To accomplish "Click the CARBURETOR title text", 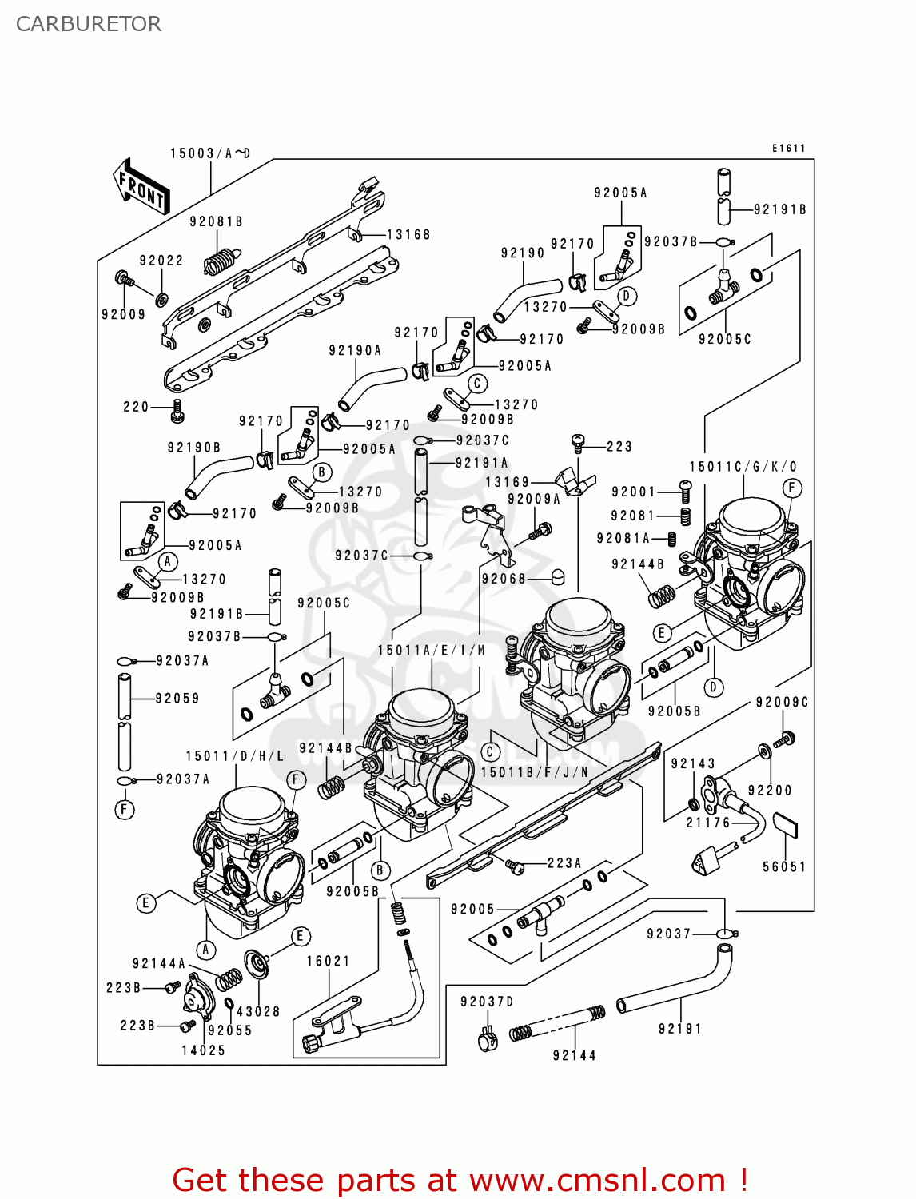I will coord(89,24).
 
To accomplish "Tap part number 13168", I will coord(408,234).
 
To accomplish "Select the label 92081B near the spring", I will coord(216,221).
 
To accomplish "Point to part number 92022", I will coord(161,261).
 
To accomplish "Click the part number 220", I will coord(136,407).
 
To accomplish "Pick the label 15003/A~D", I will coord(210,153).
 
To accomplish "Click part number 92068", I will coord(504,578).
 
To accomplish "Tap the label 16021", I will coord(329,961).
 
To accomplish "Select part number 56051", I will coord(784,866).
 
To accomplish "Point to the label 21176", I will coord(708,822).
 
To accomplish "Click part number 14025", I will coord(203,1050).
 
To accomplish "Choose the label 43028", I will coord(258,1011).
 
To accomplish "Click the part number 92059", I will coord(177,699).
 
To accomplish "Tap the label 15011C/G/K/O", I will coord(743,467).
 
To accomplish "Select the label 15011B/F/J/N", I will coord(535,772).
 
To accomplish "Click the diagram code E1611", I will coord(789,148).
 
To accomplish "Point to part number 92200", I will coord(770,791).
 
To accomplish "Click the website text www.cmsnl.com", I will coord(597,1180).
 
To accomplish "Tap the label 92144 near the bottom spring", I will coord(574,1055).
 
